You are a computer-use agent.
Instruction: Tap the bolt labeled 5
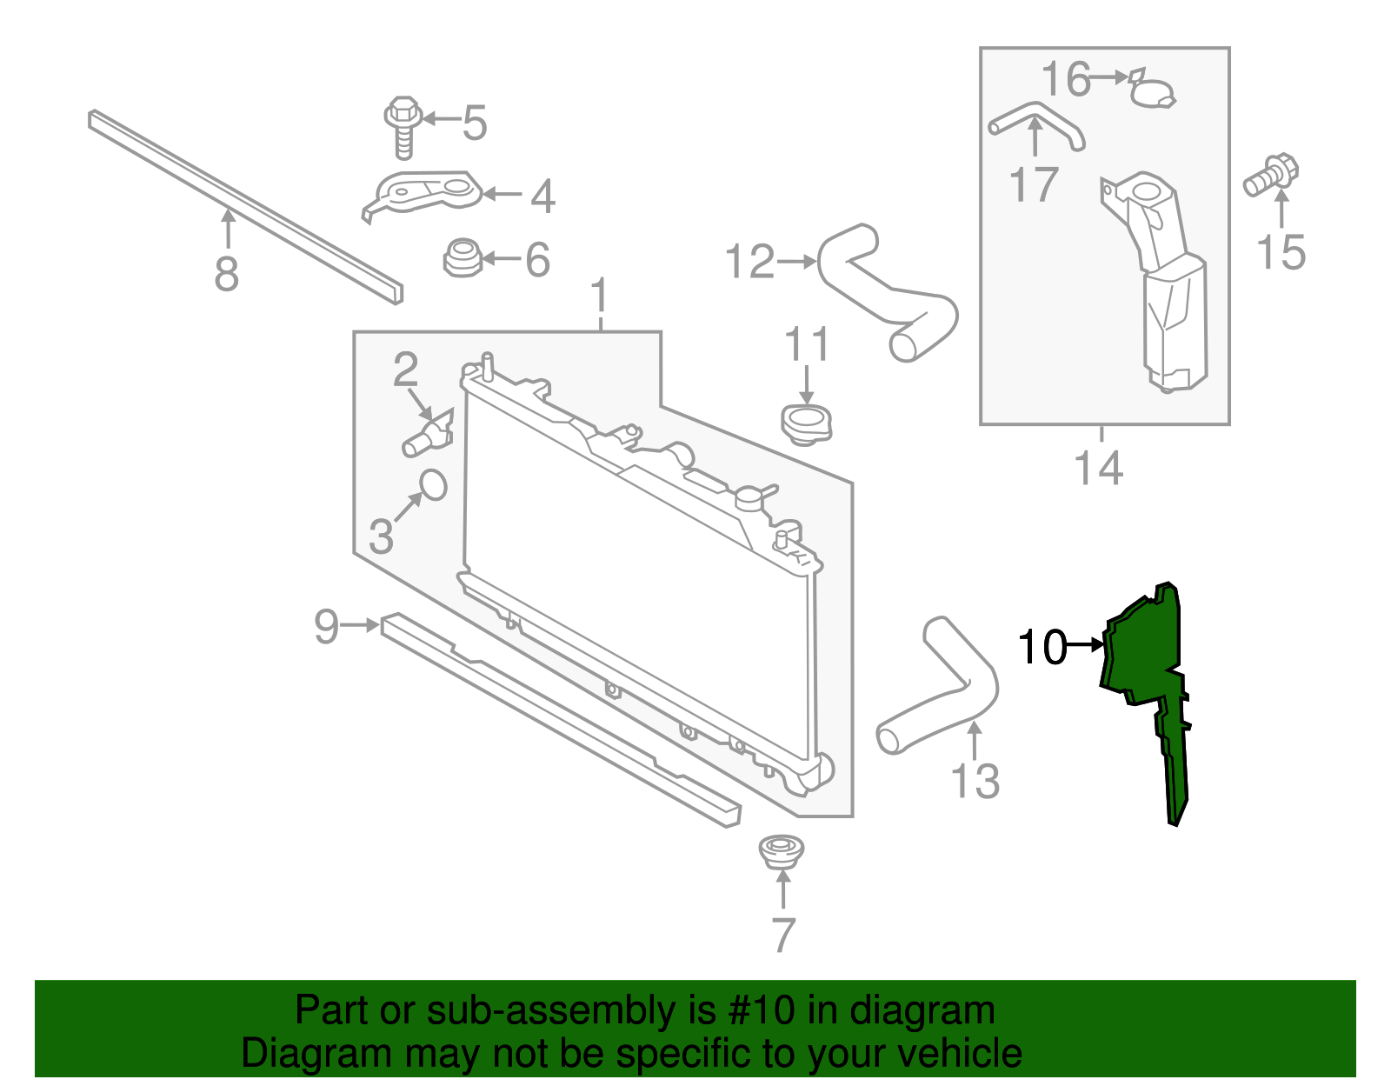tap(403, 126)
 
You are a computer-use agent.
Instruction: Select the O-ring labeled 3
tap(433, 485)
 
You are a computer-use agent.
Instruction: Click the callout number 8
tap(226, 274)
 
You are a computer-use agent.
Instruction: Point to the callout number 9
tap(326, 625)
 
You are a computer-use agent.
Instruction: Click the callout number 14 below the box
tap(1099, 468)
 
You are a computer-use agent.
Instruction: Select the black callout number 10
tap(1042, 647)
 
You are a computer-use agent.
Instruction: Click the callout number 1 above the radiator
tap(600, 296)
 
